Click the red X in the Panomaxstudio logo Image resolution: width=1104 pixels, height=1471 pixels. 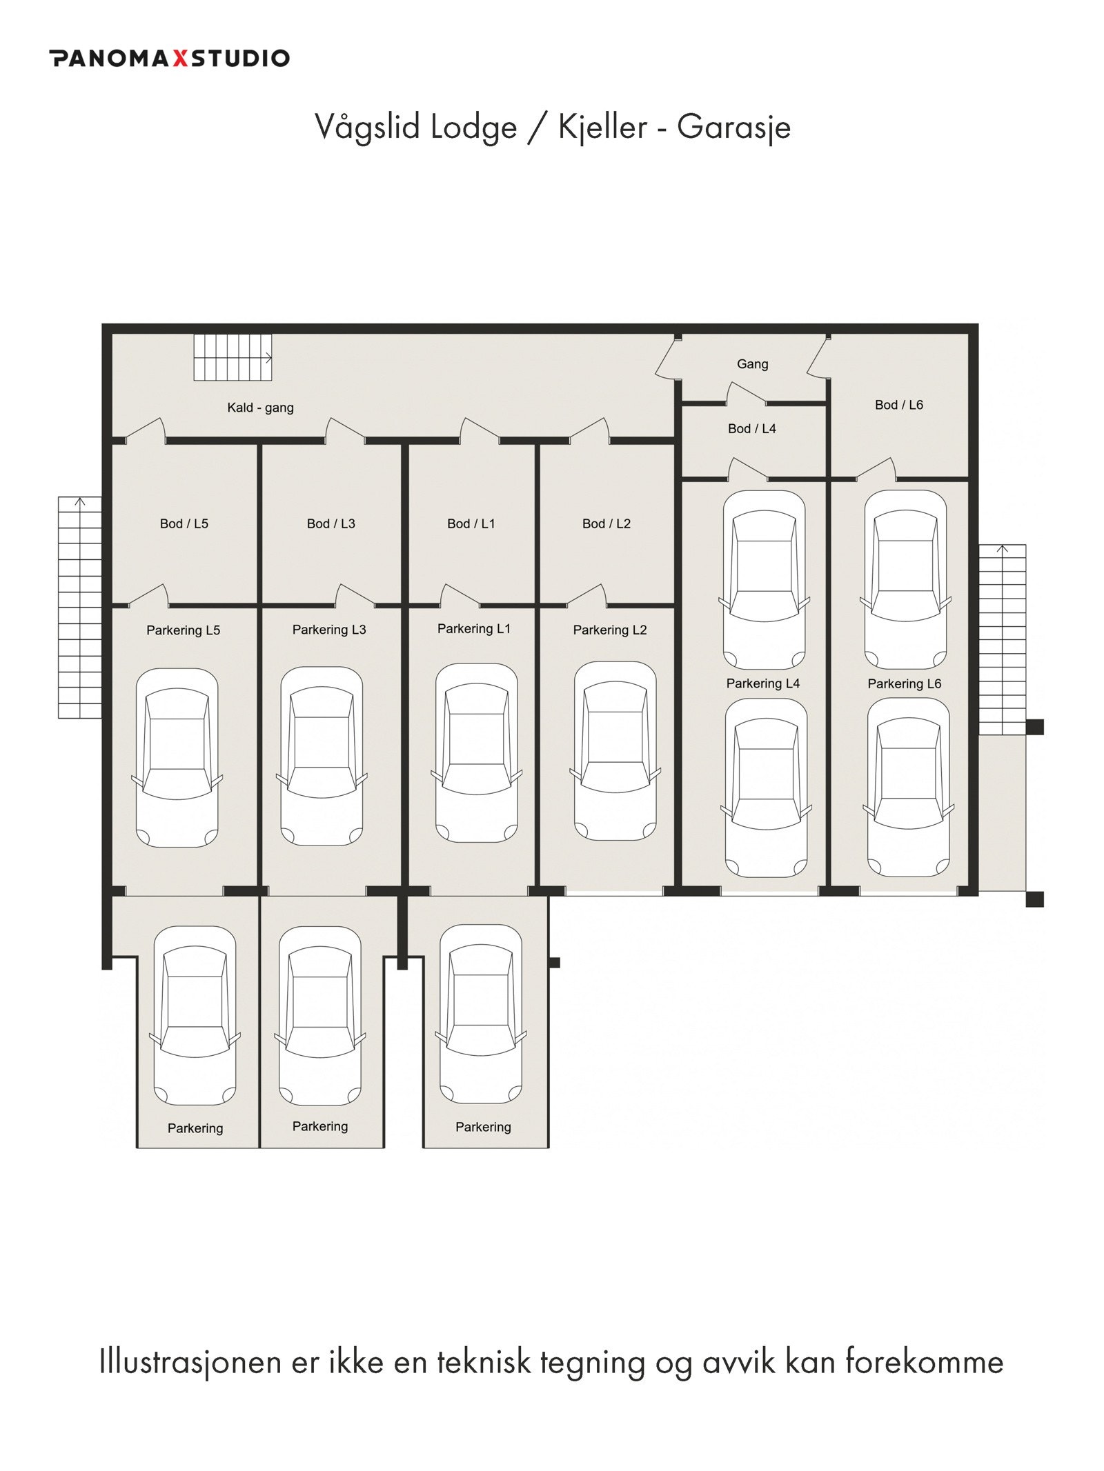tap(179, 58)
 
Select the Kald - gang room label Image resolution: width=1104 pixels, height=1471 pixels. tap(260, 408)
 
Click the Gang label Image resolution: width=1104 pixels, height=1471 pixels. tap(752, 364)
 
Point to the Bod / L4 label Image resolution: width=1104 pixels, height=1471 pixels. tap(751, 429)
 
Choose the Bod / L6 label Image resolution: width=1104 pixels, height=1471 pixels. tap(898, 405)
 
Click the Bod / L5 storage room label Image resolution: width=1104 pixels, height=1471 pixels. tap(184, 523)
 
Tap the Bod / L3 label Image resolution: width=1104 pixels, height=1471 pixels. tap(331, 523)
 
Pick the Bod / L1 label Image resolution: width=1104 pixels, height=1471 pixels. tap(471, 523)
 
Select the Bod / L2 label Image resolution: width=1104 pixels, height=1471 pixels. tap(606, 523)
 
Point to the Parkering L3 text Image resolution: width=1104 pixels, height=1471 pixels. tap(329, 630)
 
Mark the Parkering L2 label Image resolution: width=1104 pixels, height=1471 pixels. tap(610, 630)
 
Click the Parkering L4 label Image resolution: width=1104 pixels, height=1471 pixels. tap(762, 683)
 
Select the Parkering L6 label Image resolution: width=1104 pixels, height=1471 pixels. tap(904, 683)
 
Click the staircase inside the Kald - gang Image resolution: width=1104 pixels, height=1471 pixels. tap(233, 357)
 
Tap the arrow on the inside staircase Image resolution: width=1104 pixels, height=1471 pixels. tap(268, 358)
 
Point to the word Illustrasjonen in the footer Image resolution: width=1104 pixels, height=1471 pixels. tap(190, 1362)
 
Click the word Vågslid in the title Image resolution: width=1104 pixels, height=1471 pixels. tap(366, 127)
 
